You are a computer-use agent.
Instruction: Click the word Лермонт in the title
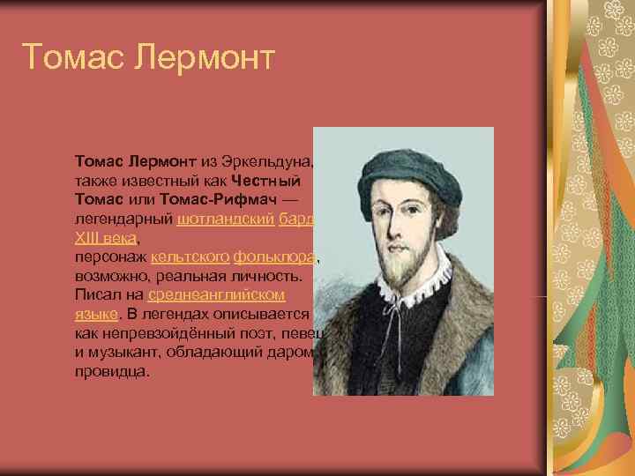[205, 58]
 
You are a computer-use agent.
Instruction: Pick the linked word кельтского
[190, 257]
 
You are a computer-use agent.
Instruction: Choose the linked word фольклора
[273, 257]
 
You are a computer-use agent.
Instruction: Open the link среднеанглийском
[217, 295]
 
